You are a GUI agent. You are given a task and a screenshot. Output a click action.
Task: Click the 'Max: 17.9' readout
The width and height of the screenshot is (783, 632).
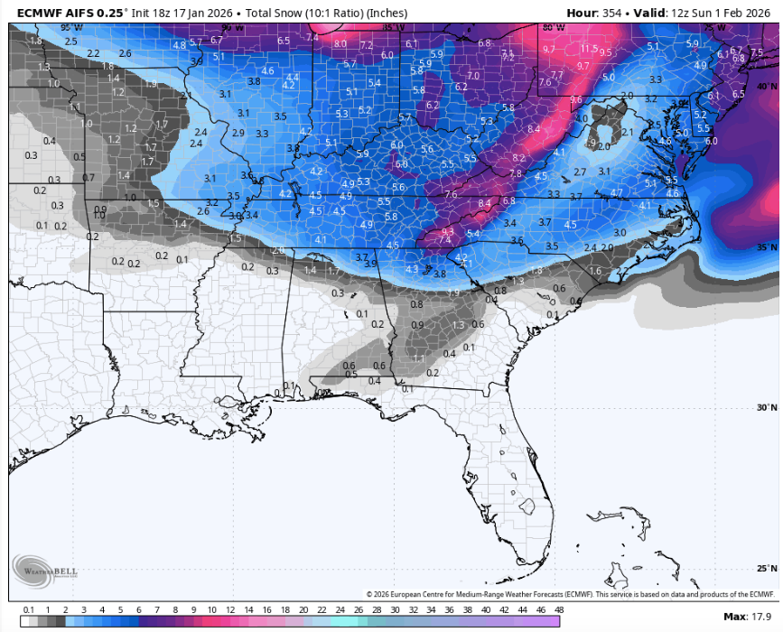tap(749, 616)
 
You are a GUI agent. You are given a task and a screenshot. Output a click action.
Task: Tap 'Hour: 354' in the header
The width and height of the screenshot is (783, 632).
tap(594, 13)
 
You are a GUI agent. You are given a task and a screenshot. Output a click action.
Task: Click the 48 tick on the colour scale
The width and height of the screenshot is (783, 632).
tap(559, 610)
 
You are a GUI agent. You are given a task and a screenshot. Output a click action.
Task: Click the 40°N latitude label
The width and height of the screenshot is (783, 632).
tap(766, 87)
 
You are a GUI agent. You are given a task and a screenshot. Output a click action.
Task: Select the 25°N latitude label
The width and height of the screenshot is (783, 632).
tap(766, 568)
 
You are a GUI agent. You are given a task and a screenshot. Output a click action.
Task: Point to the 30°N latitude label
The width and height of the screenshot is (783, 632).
tap(766, 407)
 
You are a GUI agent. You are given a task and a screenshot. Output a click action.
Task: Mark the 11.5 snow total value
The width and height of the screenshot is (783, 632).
tap(589, 49)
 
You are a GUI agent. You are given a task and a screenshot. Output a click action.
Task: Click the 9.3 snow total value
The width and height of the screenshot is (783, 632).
tap(446, 232)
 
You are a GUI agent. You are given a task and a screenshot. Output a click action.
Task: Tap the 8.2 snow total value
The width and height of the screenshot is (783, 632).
tap(517, 158)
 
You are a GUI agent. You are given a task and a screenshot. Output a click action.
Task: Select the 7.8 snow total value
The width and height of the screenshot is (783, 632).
tap(515, 173)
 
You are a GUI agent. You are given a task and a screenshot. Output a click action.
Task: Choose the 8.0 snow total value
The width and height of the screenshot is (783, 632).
tap(340, 43)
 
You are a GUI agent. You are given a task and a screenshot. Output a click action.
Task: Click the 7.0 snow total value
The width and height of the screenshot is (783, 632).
tap(472, 76)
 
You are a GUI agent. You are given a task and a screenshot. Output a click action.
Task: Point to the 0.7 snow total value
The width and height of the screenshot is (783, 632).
tap(88, 178)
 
